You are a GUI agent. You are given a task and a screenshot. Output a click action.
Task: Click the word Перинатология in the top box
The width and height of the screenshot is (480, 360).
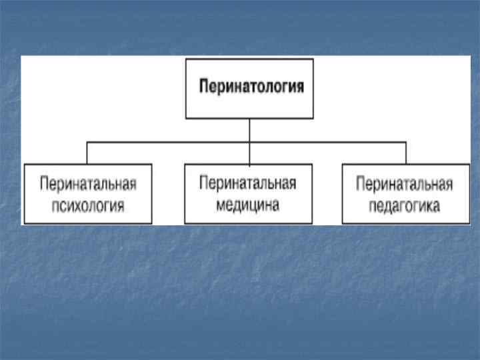click(253, 87)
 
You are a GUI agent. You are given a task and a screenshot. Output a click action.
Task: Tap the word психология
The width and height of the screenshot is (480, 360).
click(88, 204)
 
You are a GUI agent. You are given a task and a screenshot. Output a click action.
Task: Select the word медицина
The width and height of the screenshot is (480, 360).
click(248, 203)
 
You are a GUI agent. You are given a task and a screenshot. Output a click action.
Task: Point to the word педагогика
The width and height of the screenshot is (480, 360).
click(405, 206)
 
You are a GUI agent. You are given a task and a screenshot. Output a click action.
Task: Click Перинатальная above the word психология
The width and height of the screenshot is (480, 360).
click(88, 183)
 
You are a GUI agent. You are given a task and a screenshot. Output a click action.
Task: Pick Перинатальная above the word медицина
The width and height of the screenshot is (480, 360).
click(248, 183)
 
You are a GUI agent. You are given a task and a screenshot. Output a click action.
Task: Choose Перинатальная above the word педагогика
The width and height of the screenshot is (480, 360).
click(405, 184)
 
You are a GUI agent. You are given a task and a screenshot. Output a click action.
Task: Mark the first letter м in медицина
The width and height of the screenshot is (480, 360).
click(221, 204)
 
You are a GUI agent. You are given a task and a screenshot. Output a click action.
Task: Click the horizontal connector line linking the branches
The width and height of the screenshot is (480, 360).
click(167, 142)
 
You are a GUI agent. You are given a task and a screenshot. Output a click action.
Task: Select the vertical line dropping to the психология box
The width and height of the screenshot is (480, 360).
click(87, 153)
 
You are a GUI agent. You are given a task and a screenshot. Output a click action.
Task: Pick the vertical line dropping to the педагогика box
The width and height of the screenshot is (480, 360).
click(405, 153)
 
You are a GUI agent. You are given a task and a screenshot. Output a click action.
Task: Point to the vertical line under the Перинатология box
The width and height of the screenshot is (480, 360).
click(249, 130)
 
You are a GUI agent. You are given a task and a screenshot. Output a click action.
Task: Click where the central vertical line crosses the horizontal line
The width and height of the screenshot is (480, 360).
click(249, 142)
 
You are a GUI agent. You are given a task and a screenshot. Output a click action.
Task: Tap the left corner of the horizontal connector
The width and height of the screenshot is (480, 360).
click(87, 142)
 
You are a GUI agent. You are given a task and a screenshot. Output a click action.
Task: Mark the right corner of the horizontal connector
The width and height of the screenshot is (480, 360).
click(405, 142)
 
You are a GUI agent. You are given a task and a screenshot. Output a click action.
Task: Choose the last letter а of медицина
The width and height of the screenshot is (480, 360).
click(275, 204)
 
